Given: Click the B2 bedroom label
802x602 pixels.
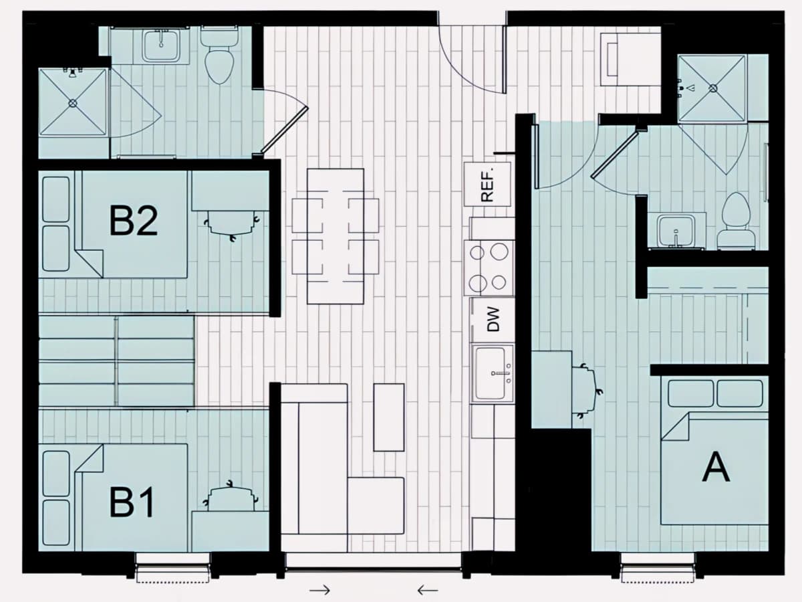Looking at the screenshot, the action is [134, 221].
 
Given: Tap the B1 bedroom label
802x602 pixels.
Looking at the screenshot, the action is [132, 502].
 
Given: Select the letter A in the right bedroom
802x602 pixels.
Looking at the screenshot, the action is [716, 467].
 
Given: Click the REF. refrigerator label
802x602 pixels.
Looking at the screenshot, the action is [487, 184].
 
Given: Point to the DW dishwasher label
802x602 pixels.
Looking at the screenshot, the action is [493, 319].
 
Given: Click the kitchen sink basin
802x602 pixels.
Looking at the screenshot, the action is [491, 373].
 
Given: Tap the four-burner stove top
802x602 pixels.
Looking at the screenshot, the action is [489, 268].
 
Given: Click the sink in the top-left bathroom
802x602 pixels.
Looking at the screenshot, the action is [161, 45].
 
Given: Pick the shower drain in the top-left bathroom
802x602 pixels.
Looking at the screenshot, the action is [73, 103].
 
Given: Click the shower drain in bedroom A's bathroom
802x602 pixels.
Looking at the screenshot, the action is [713, 88].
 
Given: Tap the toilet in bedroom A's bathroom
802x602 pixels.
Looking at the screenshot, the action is [737, 221].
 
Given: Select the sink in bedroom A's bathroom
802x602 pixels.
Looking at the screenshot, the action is [676, 231].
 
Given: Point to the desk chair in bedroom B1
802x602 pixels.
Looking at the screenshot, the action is [231, 496].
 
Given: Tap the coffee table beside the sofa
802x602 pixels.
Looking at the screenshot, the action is [389, 417].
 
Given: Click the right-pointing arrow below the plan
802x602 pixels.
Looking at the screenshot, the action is [319, 590].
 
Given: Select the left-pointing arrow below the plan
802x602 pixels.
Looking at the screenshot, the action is [428, 590].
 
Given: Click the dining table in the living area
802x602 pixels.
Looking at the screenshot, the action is [336, 236].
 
